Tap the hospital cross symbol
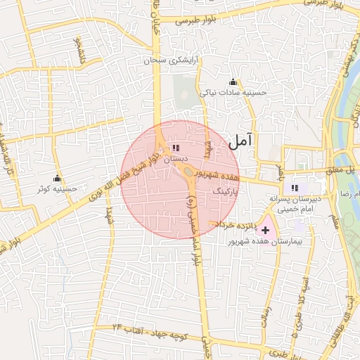265,230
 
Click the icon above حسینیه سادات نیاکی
233,82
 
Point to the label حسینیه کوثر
58,188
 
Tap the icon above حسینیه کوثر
57,178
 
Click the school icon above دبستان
174,148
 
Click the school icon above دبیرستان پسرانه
295,187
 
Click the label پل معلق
349,169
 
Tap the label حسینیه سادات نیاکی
233,92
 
